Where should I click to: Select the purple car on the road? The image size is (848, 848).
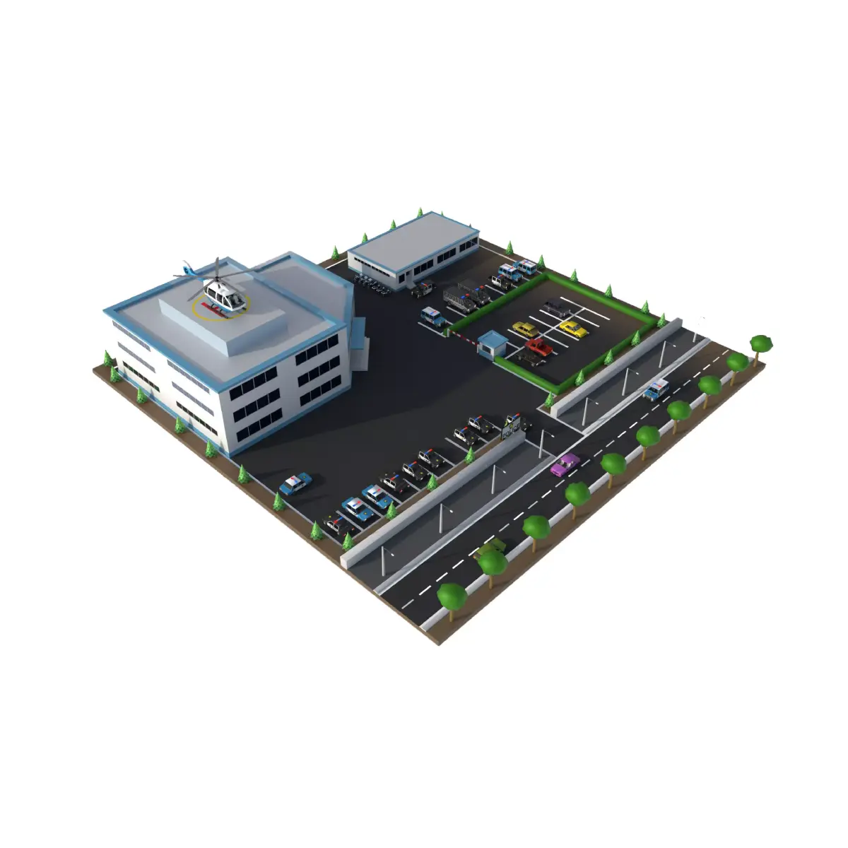click(x=565, y=464)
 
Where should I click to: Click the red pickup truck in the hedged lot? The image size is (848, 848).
click(x=538, y=347)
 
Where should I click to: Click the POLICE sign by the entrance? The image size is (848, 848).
click(x=512, y=427)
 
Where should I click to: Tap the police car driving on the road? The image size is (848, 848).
click(x=656, y=389)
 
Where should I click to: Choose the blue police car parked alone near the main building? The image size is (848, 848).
click(x=294, y=484)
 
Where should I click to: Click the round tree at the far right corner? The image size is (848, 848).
click(x=761, y=343)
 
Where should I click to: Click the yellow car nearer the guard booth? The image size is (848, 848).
click(x=524, y=329)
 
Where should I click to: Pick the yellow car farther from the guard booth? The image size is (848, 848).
click(x=573, y=329)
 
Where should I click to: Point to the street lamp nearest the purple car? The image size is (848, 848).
click(x=542, y=442)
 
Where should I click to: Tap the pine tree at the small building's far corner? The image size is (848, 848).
click(x=420, y=212)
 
